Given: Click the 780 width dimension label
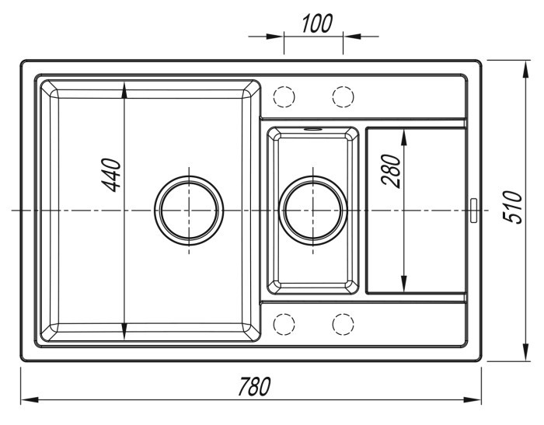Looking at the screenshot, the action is tap(254, 386).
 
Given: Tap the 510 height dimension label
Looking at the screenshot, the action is tap(512, 207).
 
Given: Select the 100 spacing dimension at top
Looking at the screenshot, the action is tap(317, 23).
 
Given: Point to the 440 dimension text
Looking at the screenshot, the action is tap(111, 175).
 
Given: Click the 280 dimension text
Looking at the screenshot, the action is tap(391, 171).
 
